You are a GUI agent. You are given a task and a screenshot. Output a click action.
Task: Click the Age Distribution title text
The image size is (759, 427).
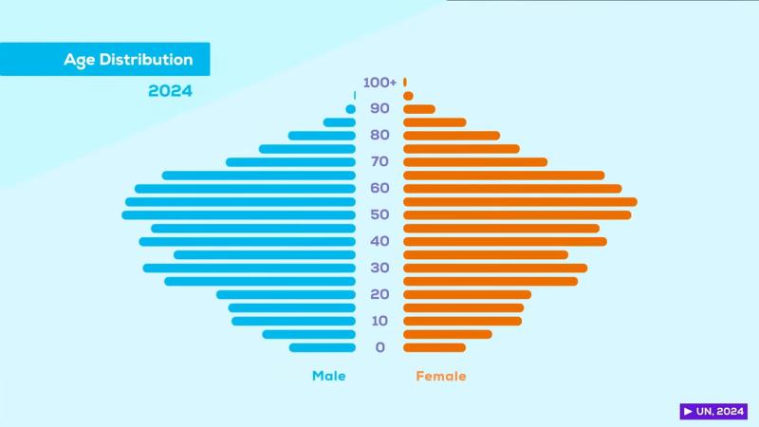[x=128, y=60]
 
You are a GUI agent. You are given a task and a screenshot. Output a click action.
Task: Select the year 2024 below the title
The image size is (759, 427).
[x=170, y=91]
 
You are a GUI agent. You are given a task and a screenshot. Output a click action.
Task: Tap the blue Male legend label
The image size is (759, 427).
[x=329, y=376]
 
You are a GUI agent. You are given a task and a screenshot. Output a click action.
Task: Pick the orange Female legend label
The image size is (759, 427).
[x=441, y=376]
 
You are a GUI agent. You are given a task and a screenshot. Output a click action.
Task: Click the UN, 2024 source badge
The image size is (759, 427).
[x=713, y=412]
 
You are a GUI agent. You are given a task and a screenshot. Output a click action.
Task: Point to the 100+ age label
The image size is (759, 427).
[x=379, y=83]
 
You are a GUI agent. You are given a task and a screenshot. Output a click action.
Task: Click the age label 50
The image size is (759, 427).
[x=379, y=214]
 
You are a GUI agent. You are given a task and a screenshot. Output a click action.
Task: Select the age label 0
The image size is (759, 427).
[x=380, y=347]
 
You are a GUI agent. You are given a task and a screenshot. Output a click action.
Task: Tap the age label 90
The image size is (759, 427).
[x=379, y=109]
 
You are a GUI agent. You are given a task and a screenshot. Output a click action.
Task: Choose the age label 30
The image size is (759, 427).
[x=379, y=268]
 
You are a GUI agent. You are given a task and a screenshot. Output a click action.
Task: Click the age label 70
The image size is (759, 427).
[x=379, y=162]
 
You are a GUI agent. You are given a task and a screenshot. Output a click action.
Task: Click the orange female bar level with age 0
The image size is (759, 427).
[x=435, y=347]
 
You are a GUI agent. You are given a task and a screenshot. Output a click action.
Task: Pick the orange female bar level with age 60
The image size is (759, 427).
[x=512, y=189]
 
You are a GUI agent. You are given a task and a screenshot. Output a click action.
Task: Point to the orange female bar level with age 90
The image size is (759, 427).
[x=419, y=109]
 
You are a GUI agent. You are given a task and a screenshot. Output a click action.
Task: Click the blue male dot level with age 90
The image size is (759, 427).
[x=350, y=109]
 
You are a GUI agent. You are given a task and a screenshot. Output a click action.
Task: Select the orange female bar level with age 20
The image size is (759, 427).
[x=467, y=294]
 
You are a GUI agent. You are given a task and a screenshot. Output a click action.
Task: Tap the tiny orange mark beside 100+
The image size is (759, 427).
[x=405, y=83]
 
